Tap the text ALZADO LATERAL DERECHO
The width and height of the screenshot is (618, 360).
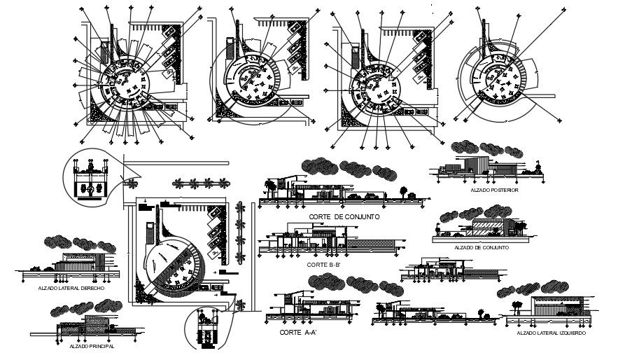pos(72,288)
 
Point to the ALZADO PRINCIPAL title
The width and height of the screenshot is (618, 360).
pos(92,346)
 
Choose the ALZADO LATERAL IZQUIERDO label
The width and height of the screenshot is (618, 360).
pos(552,333)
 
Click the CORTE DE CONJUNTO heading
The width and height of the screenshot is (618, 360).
pos(344,217)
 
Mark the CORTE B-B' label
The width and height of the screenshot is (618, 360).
pos(322,265)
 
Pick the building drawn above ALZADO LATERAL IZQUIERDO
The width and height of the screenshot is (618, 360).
pos(556,308)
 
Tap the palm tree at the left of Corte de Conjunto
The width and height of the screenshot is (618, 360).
pos(269,187)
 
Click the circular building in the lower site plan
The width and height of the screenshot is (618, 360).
pos(175,263)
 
